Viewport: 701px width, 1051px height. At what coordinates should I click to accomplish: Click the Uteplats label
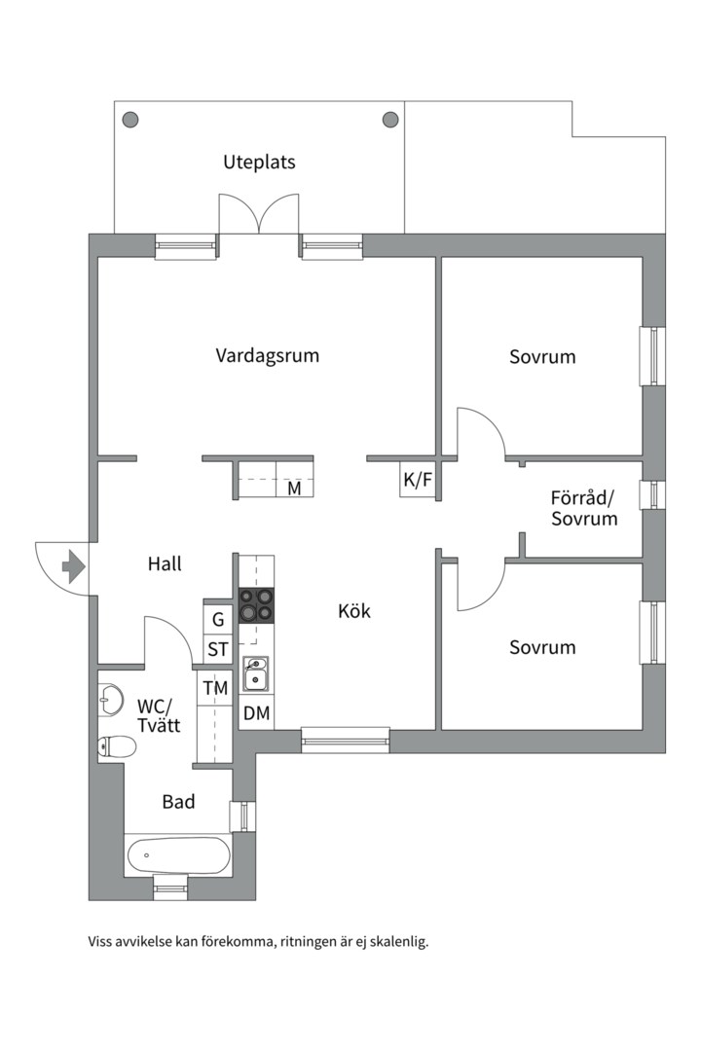click(259, 163)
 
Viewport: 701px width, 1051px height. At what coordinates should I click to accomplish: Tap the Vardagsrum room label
click(267, 355)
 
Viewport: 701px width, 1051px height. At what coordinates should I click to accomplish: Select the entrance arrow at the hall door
click(73, 565)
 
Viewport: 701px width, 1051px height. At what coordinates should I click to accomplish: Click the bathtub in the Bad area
click(178, 856)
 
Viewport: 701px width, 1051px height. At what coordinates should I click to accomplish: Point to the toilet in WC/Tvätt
click(116, 747)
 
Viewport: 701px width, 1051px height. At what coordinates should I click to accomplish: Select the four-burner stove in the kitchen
click(257, 605)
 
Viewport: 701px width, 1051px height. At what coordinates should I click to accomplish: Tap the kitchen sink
click(256, 672)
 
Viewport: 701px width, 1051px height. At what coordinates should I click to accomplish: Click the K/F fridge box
click(417, 480)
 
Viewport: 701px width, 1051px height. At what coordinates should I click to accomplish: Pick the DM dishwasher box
click(256, 713)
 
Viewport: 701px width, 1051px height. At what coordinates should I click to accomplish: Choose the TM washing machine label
click(215, 689)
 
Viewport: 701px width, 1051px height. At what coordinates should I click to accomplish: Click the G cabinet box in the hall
click(218, 619)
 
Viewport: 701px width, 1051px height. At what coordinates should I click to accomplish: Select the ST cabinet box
click(218, 649)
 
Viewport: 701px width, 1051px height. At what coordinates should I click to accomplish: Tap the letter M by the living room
click(294, 489)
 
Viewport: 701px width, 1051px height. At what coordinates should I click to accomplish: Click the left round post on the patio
click(129, 120)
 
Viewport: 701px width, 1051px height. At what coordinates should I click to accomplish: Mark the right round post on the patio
click(390, 120)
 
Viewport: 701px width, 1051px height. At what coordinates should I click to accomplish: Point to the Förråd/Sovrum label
click(584, 509)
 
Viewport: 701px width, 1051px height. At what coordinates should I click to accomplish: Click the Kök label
click(354, 612)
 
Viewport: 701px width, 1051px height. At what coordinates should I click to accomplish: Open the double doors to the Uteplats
click(259, 215)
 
